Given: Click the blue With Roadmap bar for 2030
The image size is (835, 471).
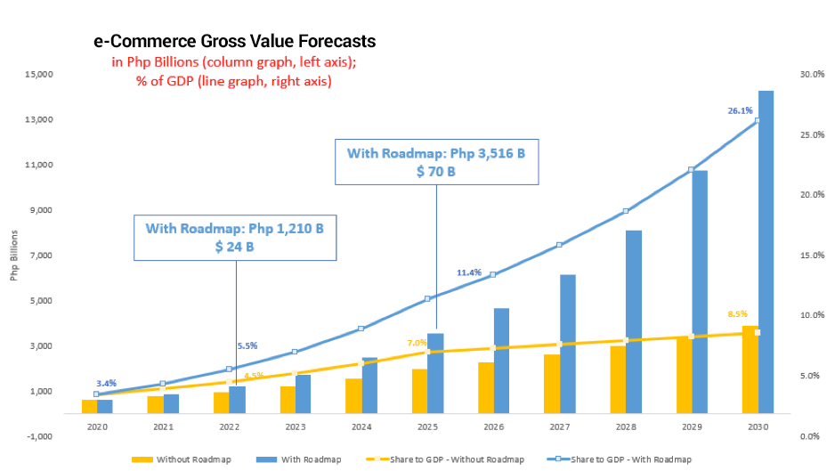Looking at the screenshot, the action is click(766, 252).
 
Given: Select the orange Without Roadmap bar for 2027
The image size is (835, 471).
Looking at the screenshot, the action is click(552, 384).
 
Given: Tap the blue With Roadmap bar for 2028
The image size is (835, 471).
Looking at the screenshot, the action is click(634, 321).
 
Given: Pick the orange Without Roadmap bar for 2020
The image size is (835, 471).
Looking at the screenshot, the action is click(89, 407).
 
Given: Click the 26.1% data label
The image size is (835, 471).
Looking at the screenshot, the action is click(741, 110).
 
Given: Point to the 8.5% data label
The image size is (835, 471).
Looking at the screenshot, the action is click(738, 314).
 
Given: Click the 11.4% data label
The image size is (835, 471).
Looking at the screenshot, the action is click(469, 272).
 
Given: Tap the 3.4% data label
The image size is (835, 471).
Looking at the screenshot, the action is click(107, 384).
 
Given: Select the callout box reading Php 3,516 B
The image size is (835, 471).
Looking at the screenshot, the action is click(437, 162).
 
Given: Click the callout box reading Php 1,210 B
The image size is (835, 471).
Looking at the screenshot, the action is click(235, 238).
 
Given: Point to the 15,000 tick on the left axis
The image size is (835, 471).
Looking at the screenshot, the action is click(39, 74).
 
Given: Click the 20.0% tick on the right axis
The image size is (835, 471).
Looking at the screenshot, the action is click(812, 195).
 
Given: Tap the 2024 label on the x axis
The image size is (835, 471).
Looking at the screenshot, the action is click(361, 426).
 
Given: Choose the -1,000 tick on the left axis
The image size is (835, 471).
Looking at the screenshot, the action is click(40, 436).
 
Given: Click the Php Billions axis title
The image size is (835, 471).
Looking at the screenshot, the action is click(14, 256).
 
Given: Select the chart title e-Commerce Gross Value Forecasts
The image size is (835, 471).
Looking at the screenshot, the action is click(235, 41).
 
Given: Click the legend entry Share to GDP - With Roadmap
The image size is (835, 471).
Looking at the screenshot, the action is click(620, 459).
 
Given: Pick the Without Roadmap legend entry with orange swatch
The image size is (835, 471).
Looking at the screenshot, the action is click(182, 459).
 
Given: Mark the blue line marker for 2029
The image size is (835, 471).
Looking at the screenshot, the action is click(691, 170).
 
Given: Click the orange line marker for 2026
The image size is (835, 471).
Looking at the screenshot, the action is click(492, 348).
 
